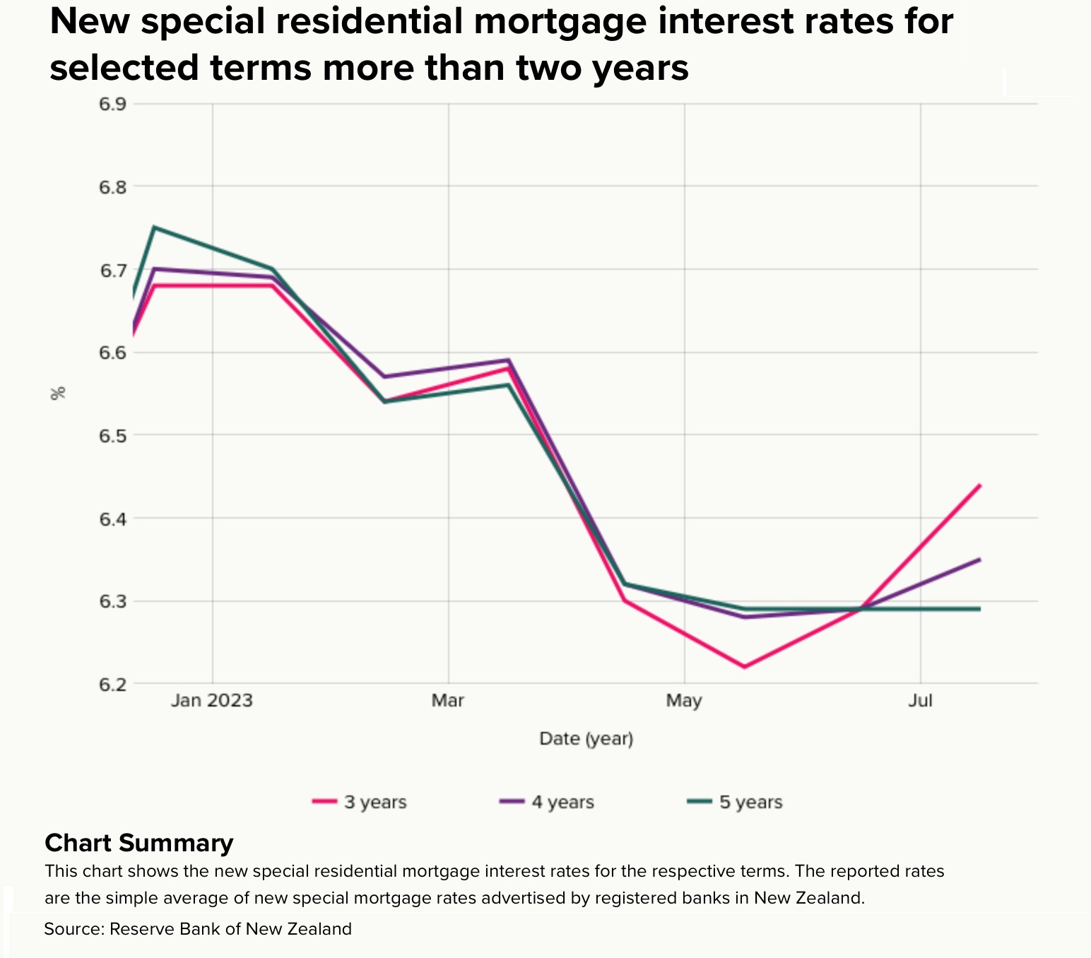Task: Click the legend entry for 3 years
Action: [x=360, y=802]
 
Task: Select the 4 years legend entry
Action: [x=547, y=802]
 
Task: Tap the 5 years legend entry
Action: [x=735, y=802]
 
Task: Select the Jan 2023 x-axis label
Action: [x=212, y=700]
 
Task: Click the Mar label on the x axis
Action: [x=448, y=700]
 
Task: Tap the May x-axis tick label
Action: [x=684, y=700]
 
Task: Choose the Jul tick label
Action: [x=920, y=700]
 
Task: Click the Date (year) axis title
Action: [x=586, y=739]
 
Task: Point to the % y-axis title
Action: [x=58, y=394]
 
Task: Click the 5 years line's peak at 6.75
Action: [x=155, y=227]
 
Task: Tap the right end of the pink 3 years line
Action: [x=979, y=485]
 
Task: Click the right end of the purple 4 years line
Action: [x=979, y=560]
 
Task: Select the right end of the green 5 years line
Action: [x=979, y=608]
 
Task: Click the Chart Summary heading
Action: [x=138, y=843]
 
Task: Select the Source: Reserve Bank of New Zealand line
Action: [x=198, y=928]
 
